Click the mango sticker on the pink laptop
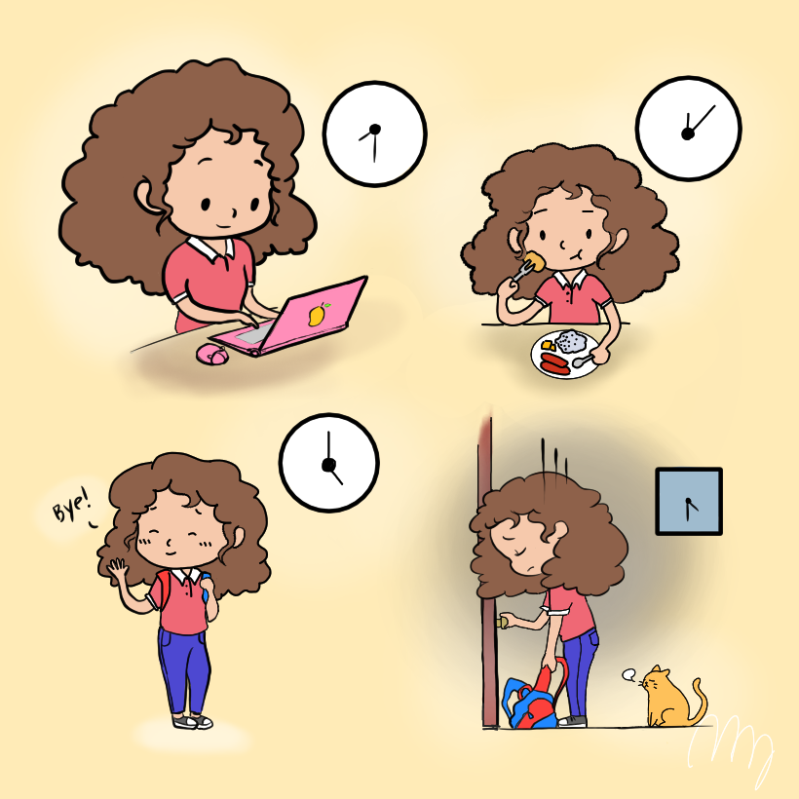tap(317, 314)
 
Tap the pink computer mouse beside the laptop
tap(212, 354)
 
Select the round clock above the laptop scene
tap(375, 134)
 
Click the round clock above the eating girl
tap(689, 129)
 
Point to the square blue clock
tap(689, 502)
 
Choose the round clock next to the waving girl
tap(329, 463)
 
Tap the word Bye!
tap(72, 505)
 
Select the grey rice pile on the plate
tap(571, 341)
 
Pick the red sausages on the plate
tap(554, 363)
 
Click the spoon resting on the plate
tap(583, 361)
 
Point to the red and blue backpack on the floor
tap(534, 696)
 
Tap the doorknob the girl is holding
tap(502, 622)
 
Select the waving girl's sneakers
tap(193, 721)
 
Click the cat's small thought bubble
tap(629, 675)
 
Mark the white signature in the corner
tap(731, 750)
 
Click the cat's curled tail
tap(699, 701)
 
